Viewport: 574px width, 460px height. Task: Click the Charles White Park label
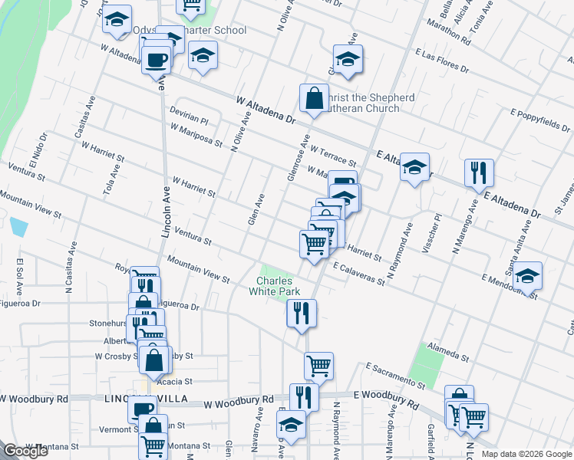(x=275, y=285)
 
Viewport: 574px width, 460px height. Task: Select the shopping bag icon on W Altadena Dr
(x=314, y=99)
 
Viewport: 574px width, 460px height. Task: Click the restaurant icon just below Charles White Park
(x=302, y=313)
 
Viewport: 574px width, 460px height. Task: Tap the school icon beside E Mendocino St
(x=527, y=277)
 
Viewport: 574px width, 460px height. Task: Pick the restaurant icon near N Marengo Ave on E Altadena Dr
(x=479, y=174)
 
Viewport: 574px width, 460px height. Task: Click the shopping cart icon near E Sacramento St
(x=318, y=366)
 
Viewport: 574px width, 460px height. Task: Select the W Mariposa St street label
(x=196, y=137)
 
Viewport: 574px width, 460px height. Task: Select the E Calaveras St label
(x=358, y=273)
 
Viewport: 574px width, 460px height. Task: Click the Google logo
(x=25, y=451)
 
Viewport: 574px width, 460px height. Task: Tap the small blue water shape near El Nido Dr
(x=19, y=227)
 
